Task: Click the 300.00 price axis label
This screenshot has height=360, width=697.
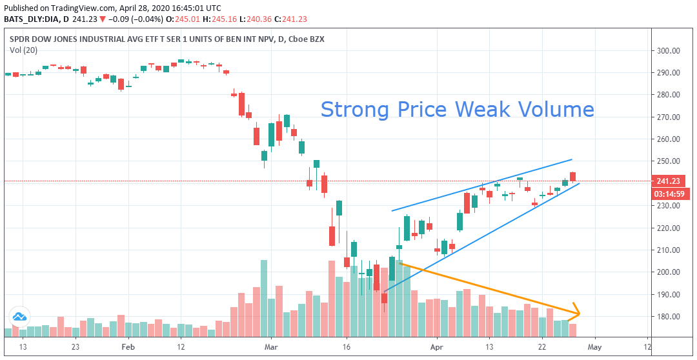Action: tap(669, 50)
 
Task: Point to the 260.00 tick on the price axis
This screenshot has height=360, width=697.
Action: tap(669, 139)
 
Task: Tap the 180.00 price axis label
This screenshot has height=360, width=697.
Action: tap(669, 316)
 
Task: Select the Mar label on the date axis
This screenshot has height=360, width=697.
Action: tap(271, 346)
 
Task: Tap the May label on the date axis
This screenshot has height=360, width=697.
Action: tap(594, 346)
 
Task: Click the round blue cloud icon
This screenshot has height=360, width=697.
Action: tap(19, 317)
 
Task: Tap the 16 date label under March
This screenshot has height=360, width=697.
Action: tap(347, 346)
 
